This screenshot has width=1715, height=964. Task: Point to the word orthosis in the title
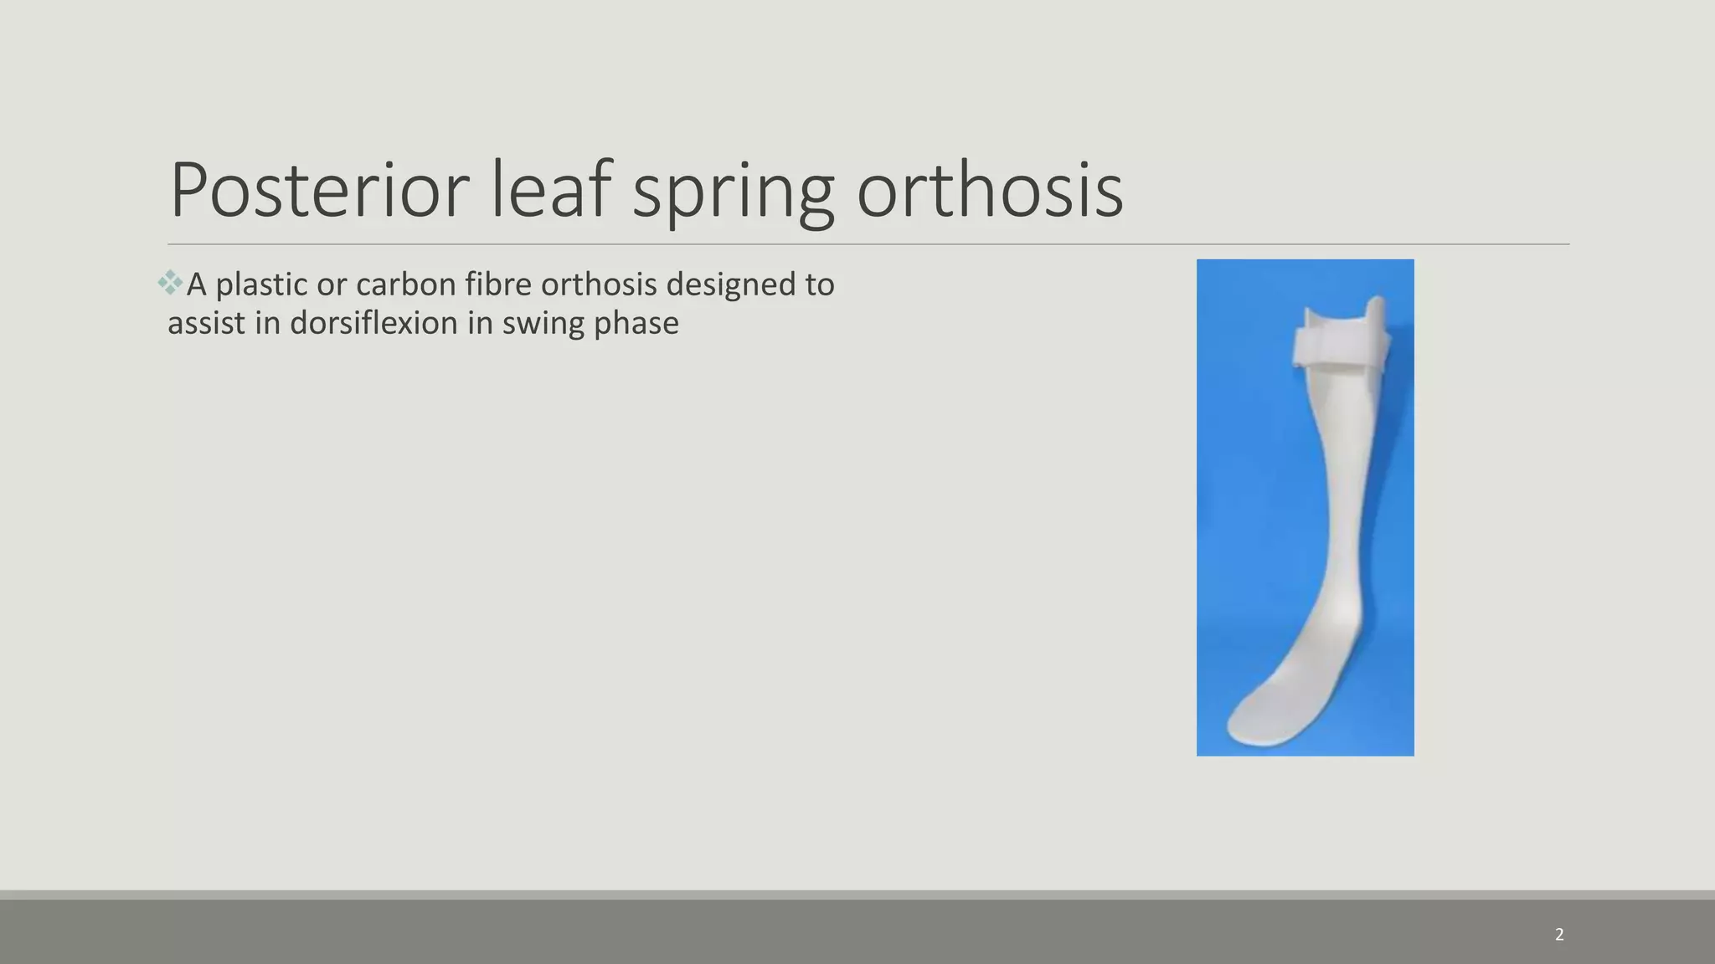[989, 191]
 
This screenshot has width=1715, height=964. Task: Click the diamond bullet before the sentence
[170, 283]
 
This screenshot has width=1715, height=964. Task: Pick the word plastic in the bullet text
[261, 285]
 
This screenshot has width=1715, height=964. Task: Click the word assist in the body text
[206, 323]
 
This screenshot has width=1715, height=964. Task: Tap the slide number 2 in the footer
[1559, 935]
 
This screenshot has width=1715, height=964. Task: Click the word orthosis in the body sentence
[599, 285]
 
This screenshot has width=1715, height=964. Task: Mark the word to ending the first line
[820, 285]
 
